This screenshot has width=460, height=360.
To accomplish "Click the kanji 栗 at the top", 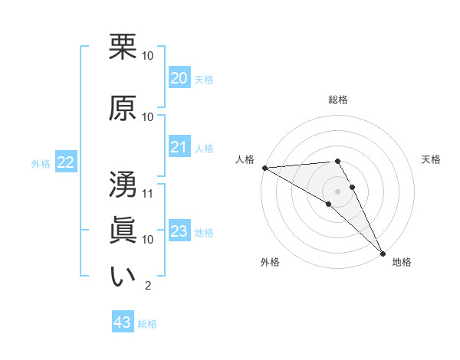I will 123,47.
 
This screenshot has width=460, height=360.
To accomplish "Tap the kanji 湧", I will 123,185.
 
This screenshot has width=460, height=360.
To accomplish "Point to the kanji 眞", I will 123,231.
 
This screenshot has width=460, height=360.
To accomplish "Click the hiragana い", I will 123,277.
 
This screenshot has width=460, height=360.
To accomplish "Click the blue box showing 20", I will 179,78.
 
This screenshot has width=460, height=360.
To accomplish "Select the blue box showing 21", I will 179,147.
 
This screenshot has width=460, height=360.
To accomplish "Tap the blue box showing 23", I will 179,231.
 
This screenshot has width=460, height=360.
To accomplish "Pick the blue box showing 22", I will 66,162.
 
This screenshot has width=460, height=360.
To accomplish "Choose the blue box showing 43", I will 122,323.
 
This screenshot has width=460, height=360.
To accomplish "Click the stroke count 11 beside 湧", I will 148,193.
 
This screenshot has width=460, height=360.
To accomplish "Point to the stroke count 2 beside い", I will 147,286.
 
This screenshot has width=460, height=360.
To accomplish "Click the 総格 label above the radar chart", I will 338,100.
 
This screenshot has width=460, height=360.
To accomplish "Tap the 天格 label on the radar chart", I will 432,159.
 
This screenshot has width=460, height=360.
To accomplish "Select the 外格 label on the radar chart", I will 270,262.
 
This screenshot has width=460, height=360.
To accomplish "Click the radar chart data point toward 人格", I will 264,168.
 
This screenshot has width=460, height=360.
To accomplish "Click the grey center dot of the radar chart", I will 338,191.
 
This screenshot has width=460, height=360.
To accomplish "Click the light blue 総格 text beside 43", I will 147,324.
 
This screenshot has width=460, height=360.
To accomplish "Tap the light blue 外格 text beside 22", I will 41,163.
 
